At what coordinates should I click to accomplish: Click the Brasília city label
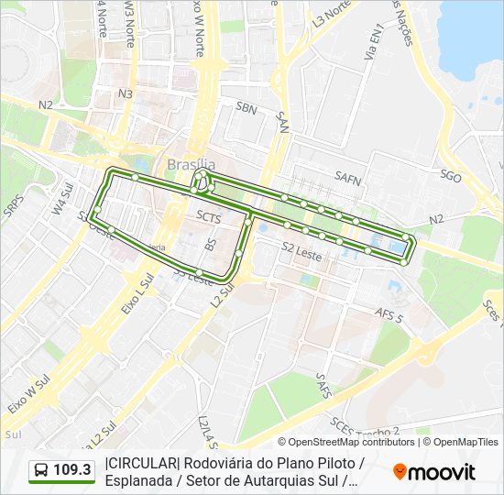[192, 164]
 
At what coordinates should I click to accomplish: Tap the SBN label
[245, 108]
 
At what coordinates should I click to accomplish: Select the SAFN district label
[349, 176]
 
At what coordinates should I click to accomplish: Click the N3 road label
[126, 93]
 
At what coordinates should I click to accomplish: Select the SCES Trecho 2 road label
[367, 431]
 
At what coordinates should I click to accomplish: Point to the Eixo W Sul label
[27, 393]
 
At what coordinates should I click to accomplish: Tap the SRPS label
[12, 207]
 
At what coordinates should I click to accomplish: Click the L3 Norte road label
[331, 14]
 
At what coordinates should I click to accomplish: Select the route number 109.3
[72, 470]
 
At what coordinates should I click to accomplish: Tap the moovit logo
[433, 472]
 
